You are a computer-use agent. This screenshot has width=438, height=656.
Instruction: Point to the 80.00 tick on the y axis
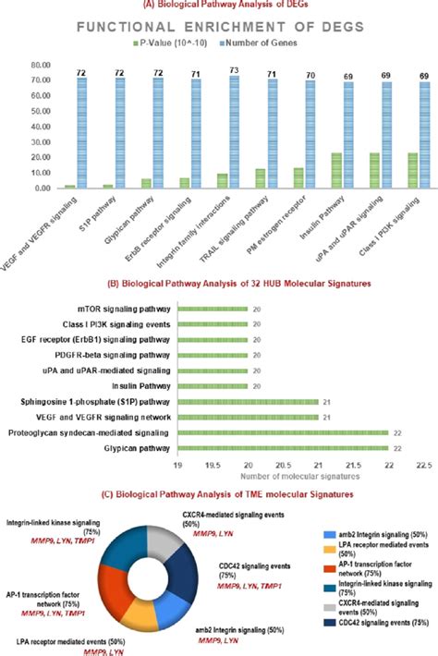(38, 66)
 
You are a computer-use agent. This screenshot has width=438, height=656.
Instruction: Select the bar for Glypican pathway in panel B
(283, 447)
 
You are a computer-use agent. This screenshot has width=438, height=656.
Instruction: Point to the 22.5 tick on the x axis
(421, 467)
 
